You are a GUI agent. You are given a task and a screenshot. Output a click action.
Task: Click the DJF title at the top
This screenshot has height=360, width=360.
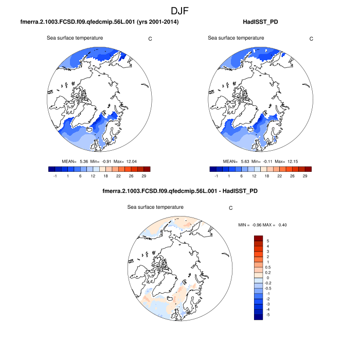(180, 10)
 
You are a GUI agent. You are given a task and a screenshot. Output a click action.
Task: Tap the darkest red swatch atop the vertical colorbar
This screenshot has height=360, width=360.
(259, 239)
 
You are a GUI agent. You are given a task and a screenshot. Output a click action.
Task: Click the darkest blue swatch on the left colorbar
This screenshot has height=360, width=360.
(51, 169)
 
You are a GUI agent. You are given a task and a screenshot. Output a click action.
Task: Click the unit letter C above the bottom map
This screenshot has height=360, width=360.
(231, 208)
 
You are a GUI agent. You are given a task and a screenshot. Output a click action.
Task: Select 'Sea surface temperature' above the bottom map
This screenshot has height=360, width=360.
(155, 207)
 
